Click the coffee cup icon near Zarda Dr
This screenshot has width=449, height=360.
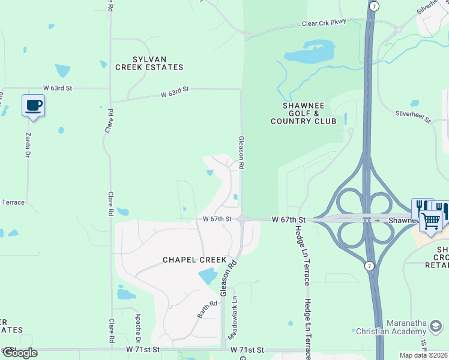[x=34, y=106]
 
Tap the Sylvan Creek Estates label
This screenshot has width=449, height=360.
[x=149, y=63]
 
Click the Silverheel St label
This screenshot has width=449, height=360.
[x=413, y=116]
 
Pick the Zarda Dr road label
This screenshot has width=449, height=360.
[x=28, y=145]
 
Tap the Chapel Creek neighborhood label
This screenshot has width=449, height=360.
[x=194, y=260]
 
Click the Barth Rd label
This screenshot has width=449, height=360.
[x=207, y=310]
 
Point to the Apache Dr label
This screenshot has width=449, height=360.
[x=137, y=326]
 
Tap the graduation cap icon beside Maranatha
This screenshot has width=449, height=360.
[x=436, y=326]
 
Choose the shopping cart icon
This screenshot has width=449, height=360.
[x=430, y=220]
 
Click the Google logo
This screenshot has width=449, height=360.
[x=20, y=353]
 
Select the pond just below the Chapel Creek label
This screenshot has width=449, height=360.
[x=207, y=276]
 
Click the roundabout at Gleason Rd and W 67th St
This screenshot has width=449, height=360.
[x=241, y=220]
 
